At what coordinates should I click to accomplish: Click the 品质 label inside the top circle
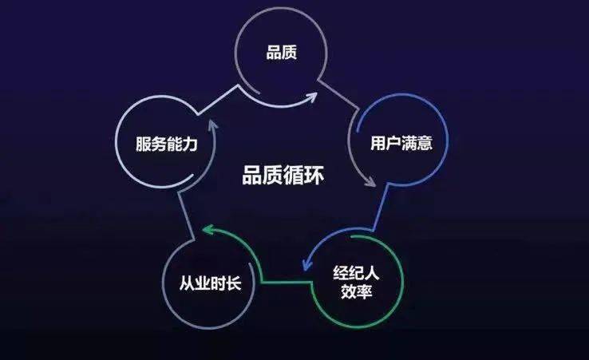[x=282, y=52]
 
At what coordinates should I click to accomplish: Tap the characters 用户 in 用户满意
[x=385, y=143]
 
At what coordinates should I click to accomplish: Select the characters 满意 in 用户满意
[x=417, y=143]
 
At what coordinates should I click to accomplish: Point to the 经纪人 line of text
[x=356, y=273]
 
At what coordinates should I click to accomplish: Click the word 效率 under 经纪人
[x=357, y=291]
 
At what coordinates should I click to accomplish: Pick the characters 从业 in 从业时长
[x=195, y=283]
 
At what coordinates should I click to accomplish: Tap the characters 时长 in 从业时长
[x=226, y=283]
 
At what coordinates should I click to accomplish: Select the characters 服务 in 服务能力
[x=151, y=144]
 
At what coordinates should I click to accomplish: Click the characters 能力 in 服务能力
[x=182, y=144]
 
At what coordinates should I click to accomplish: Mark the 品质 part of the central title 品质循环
[x=262, y=175]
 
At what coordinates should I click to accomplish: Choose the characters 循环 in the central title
[x=303, y=175]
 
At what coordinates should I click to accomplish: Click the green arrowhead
[x=208, y=229]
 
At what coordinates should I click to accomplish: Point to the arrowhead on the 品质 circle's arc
[x=312, y=97]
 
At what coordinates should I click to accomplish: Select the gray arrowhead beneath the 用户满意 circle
[x=370, y=181]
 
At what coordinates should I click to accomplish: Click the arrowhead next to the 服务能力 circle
[x=213, y=125]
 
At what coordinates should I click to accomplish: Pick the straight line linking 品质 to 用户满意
[x=339, y=96]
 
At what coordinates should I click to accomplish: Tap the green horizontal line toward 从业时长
[x=287, y=281]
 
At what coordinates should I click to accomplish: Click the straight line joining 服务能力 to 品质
[x=218, y=99]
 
